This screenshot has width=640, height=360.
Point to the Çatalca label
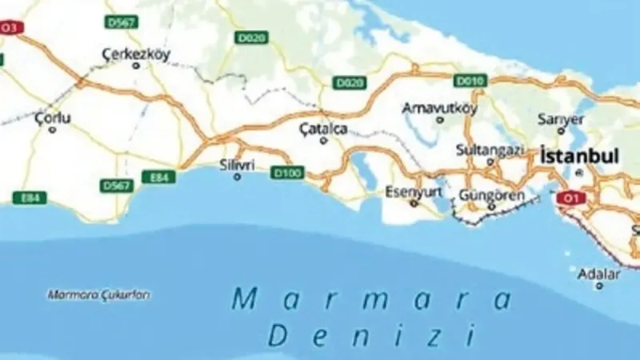click(323, 127)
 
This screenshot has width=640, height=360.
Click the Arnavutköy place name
click(440, 107)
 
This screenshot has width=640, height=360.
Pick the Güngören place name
click(492, 195)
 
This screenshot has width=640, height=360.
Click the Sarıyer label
click(555, 119)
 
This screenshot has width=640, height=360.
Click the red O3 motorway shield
click(10, 28)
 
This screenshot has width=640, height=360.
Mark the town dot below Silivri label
click(237, 176)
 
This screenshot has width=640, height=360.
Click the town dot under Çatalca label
click(323, 140)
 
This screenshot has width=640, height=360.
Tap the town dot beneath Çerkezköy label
click(135, 66)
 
